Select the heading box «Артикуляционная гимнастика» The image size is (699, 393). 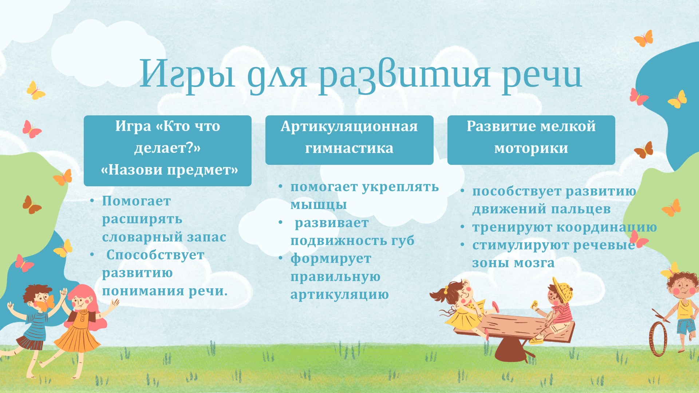coord(349,140)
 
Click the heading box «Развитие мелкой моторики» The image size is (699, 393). coord(531,140)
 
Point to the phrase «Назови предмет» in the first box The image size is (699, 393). coord(169,170)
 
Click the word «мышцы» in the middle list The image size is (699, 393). coord(319,205)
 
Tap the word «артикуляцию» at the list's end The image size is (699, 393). coord(339,294)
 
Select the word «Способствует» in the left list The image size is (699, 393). coord(155,255)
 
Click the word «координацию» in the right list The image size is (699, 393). coord(607,227)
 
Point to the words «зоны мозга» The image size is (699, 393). coord(513,263)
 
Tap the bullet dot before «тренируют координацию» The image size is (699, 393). coord(463,227)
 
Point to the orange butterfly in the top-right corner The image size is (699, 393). coord(644,38)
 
